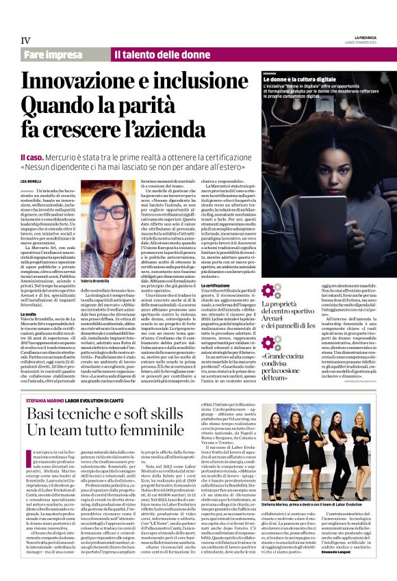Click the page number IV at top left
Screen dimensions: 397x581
26,40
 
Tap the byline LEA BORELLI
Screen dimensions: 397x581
32,181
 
